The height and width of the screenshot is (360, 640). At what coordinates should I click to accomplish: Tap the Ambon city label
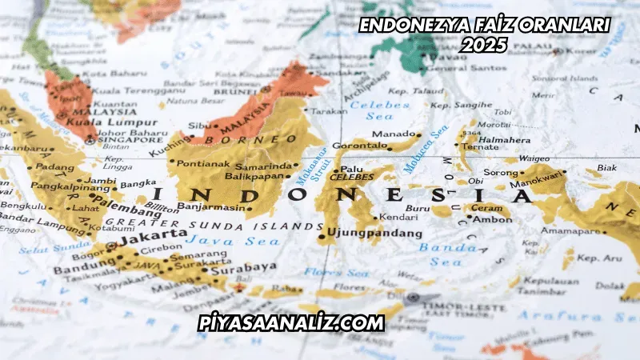coord(493,218)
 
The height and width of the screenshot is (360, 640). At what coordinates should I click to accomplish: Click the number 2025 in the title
coord(484,46)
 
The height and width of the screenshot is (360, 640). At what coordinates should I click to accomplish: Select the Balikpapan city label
coord(255,175)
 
